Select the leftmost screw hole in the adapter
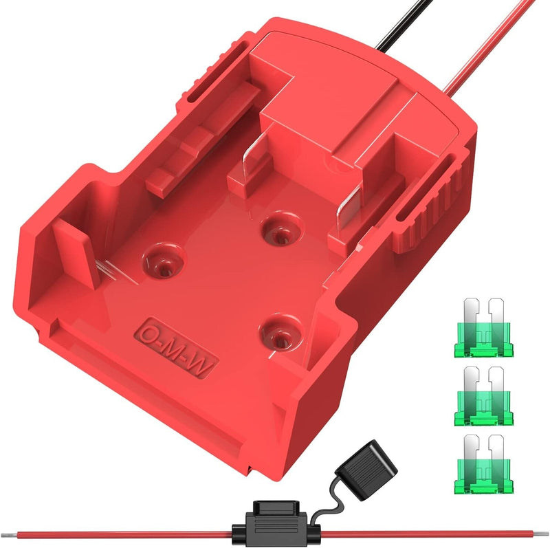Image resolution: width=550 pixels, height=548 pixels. tap(164, 261)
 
